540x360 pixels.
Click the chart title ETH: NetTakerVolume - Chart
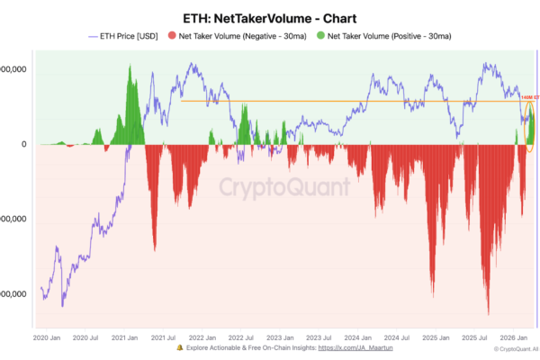tap(270, 18)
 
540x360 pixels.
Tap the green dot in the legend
tap(320, 36)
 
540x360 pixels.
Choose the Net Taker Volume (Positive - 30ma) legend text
tap(389, 36)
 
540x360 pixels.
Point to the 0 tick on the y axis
tap(25, 144)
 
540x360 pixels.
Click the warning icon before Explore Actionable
tap(180, 347)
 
